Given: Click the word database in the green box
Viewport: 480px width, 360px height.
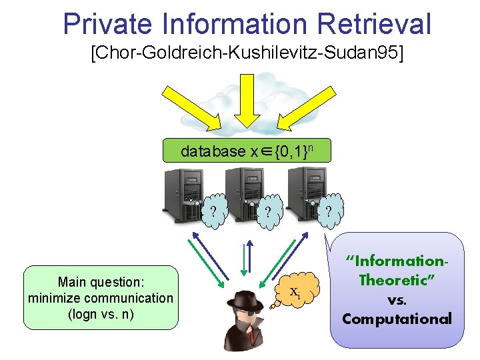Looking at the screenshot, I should [213, 151].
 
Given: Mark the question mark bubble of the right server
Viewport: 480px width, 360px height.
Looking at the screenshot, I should [328, 210].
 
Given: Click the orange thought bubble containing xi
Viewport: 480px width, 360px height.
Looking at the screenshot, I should [295, 291].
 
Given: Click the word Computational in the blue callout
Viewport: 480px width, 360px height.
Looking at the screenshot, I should [397, 319].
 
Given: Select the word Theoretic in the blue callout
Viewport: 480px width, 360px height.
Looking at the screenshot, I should [397, 281].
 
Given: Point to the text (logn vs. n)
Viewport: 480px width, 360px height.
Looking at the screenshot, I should [101, 313].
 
